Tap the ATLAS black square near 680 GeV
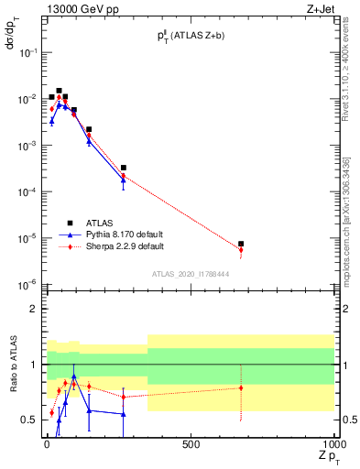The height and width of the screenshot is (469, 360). (x=241, y=244)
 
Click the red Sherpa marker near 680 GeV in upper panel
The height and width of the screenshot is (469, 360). (x=241, y=250)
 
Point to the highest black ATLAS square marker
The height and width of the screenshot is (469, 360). (x=59, y=91)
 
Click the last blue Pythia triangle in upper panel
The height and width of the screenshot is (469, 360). (x=123, y=180)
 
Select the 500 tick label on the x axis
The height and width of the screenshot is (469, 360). (x=191, y=444)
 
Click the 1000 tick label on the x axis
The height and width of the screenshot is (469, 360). (x=332, y=444)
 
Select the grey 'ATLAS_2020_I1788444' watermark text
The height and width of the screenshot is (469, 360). (x=191, y=274)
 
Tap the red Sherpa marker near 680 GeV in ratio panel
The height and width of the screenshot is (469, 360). (x=241, y=387)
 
